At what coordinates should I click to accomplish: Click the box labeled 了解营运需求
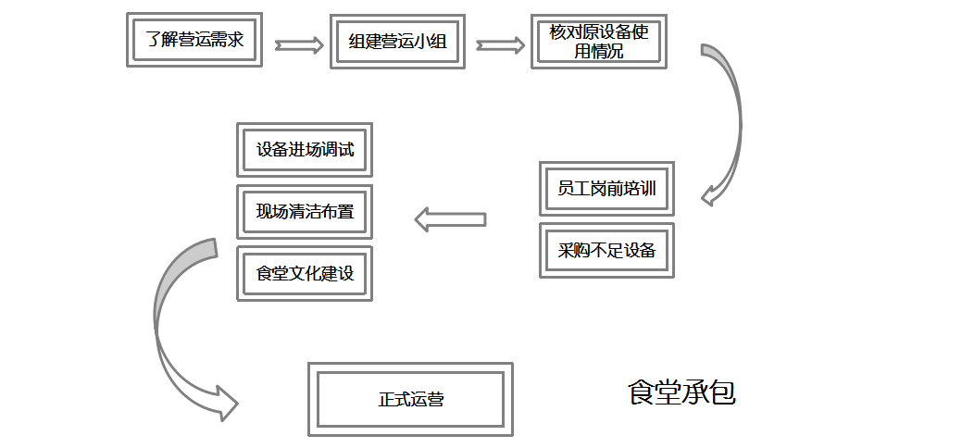[194, 40]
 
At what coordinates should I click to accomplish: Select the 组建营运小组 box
[397, 42]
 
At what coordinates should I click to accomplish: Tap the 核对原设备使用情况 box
[598, 42]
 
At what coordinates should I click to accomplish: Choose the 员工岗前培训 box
[606, 189]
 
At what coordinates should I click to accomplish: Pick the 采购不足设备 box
[606, 250]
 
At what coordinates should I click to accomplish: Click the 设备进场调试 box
[305, 150]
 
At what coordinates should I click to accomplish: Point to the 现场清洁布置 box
[305, 211]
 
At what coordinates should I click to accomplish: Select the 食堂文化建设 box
[305, 273]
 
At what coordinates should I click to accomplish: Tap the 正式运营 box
[410, 400]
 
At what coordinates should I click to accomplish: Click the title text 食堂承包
[681, 392]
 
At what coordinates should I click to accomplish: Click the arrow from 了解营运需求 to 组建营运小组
[298, 44]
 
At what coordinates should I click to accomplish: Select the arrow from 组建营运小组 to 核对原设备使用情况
[499, 44]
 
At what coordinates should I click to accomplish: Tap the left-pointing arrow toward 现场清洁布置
[450, 219]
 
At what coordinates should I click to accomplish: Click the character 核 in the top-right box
[558, 32]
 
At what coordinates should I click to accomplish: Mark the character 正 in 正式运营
[386, 400]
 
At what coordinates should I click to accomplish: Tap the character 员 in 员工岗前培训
[566, 189]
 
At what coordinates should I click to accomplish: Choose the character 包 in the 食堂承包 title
[722, 392]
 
